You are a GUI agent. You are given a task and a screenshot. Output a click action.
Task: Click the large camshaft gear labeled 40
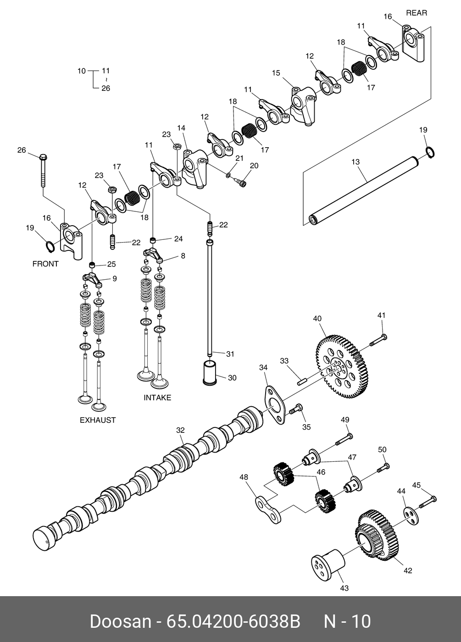tap(342, 367)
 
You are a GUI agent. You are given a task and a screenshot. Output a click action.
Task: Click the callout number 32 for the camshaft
tap(180, 430)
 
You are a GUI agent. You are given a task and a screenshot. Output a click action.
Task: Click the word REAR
tap(416, 13)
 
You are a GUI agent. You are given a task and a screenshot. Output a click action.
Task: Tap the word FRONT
tap(45, 264)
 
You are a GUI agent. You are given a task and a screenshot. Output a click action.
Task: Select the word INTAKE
tap(157, 398)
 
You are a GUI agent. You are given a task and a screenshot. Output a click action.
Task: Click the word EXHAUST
tap(98, 420)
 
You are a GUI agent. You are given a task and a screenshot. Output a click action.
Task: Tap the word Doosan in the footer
tap(120, 622)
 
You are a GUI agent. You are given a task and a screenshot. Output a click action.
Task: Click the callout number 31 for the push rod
tap(230, 354)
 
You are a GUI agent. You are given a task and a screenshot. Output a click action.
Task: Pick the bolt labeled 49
tap(344, 439)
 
